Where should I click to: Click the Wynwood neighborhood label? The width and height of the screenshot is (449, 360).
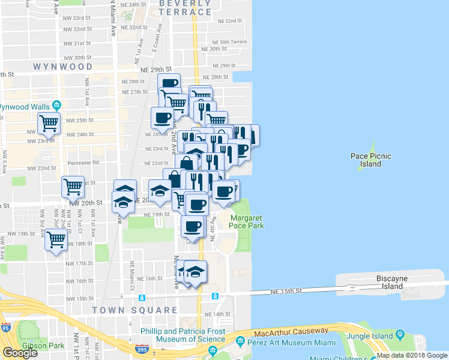(63, 67)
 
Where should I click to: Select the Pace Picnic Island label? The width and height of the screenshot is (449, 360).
(371, 160)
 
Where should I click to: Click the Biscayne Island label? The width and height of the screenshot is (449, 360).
(393, 282)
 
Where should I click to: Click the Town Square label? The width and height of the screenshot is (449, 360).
(134, 311)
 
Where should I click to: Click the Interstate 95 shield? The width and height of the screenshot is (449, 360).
(6, 328)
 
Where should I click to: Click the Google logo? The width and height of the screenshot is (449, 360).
(20, 353)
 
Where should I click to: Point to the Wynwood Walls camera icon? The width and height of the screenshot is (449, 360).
(56, 106)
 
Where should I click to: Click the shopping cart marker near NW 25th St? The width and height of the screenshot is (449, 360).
(49, 124)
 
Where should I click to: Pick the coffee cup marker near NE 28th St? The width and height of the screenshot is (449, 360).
(169, 83)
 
